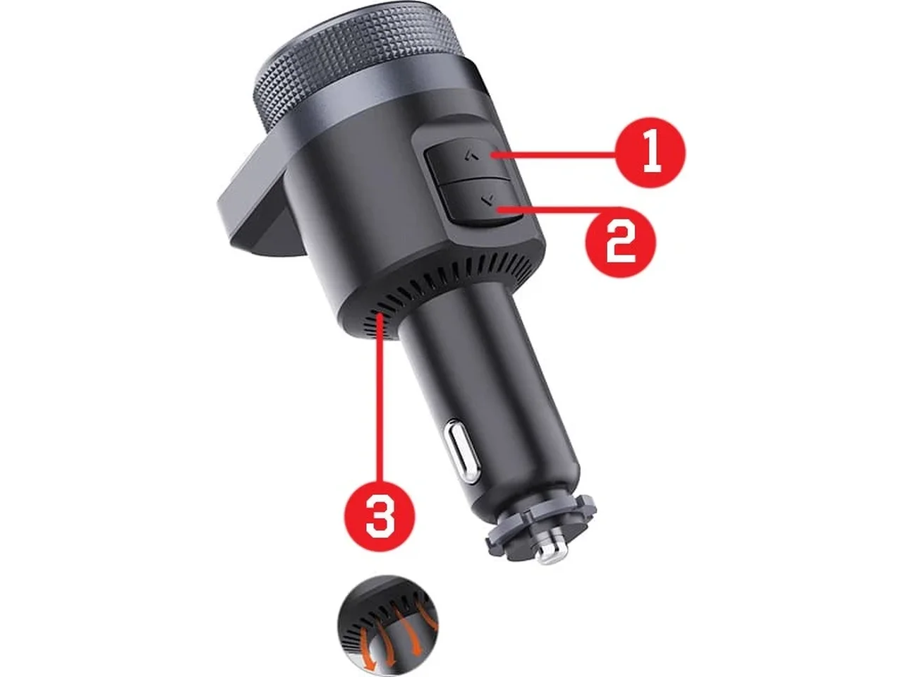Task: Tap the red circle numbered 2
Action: pyautogui.click(x=621, y=242)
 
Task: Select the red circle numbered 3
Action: pyautogui.click(x=380, y=516)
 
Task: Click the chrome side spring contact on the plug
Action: pyautogui.click(x=461, y=450)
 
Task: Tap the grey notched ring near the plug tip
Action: pyautogui.click(x=540, y=527)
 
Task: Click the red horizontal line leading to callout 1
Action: pyautogui.click(x=553, y=154)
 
